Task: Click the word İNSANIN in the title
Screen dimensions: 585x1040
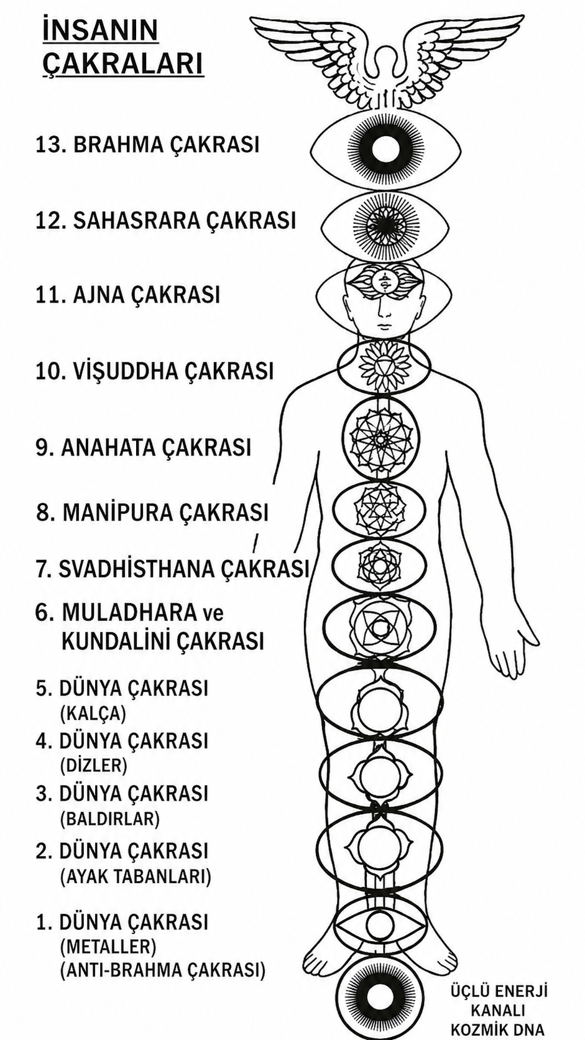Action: pos(100,31)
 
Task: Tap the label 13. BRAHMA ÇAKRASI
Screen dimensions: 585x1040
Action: pos(147,144)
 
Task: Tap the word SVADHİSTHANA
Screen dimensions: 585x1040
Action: pos(136,569)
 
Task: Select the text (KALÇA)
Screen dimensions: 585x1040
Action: pos(93,714)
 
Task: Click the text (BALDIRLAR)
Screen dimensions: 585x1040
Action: pos(110,818)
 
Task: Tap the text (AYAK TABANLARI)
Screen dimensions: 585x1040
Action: pos(136,876)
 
